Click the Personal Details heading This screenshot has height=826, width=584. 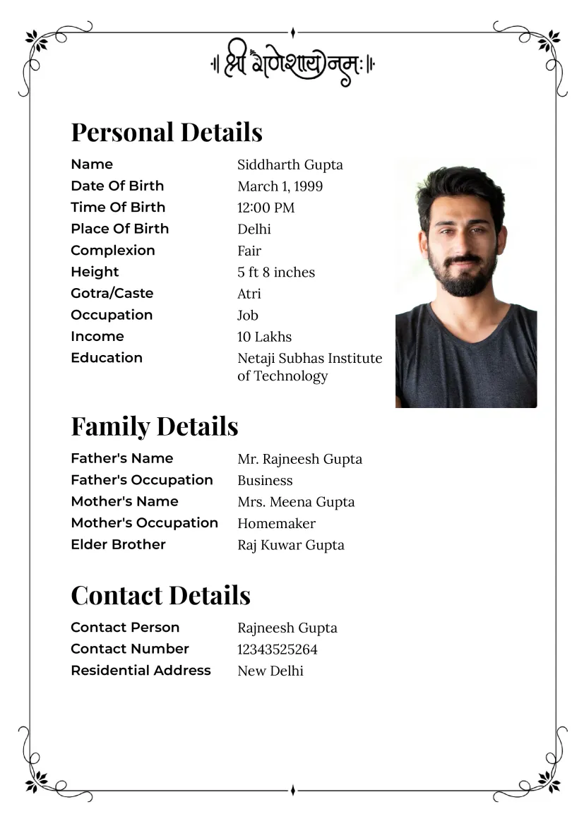167,132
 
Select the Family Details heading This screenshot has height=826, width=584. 155,426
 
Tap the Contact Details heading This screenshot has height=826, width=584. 160,595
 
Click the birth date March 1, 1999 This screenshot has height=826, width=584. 280,186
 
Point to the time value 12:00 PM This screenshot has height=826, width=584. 266,208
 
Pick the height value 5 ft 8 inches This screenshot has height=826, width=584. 276,272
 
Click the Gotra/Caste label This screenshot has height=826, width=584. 112,293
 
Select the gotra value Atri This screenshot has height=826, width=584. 249,294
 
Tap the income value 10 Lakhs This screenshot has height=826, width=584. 264,337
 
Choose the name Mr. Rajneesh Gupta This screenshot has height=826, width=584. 299,459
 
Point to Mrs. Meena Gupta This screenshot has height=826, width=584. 296,502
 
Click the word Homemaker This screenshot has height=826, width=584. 276,523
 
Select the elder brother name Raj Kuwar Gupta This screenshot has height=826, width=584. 291,545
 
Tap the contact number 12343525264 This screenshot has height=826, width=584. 278,650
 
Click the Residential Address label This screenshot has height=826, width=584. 141,670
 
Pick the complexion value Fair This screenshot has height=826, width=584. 249,251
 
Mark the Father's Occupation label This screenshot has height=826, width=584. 141,480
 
